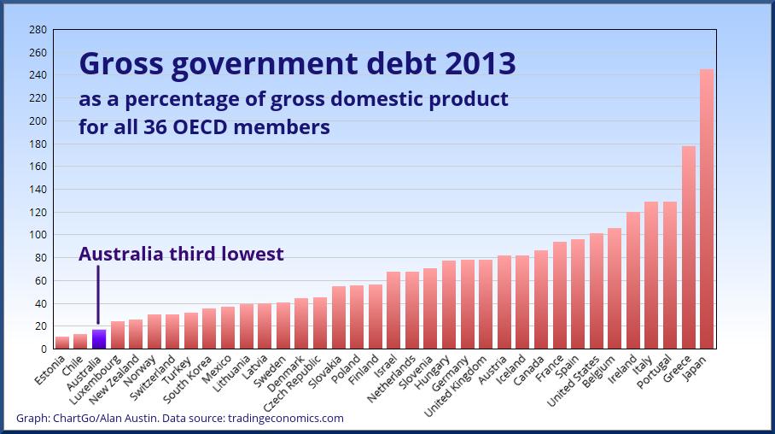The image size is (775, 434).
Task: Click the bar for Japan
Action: (x=707, y=209)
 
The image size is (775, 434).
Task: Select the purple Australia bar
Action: (x=99, y=339)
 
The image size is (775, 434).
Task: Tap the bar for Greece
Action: (x=688, y=248)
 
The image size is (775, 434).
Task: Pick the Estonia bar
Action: (x=62, y=343)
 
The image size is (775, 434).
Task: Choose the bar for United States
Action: (x=596, y=291)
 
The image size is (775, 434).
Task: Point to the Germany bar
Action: (x=467, y=304)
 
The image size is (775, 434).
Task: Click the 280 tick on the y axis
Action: (x=38, y=30)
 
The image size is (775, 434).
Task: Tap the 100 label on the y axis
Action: (x=38, y=235)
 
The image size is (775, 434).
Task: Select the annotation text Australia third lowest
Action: (x=181, y=254)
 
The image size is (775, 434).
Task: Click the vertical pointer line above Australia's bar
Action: (x=98, y=295)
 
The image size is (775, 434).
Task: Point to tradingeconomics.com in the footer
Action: (x=285, y=418)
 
